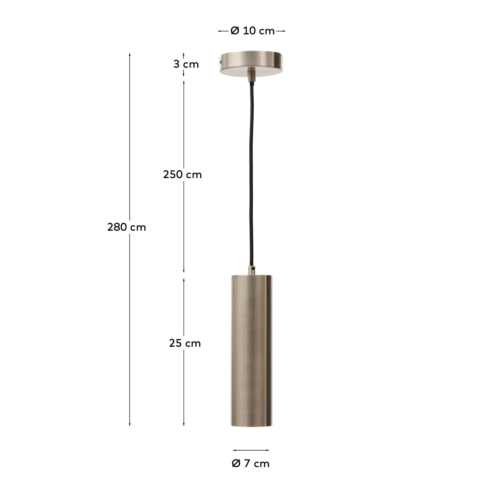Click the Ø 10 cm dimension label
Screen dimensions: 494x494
[252, 31]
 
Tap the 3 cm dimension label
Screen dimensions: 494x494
[186, 64]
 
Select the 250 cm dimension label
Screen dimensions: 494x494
[183, 175]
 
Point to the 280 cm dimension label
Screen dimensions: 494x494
[126, 227]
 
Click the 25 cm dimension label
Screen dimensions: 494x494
[185, 343]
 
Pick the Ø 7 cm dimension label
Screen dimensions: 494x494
[251, 464]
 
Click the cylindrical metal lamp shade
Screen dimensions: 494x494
[252, 349]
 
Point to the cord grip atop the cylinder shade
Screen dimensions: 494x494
[252, 270]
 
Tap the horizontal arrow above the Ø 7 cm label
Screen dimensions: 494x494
[251, 450]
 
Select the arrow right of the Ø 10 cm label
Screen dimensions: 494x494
[281, 31]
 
